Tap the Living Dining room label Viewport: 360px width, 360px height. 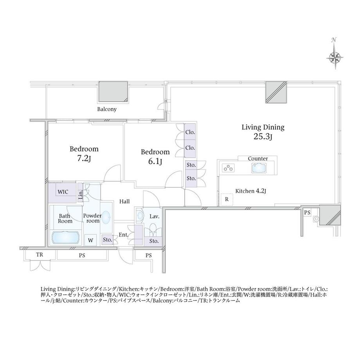[x=263, y=128]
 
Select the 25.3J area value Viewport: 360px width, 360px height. [x=263, y=137]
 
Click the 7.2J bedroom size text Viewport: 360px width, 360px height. [x=84, y=158]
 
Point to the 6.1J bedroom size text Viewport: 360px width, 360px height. [x=155, y=161]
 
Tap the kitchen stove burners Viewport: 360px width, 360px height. [x=228, y=168]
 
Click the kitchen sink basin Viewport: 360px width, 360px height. [x=259, y=168]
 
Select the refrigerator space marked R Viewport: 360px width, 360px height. [x=227, y=199]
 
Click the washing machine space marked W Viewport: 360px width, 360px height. [x=90, y=240]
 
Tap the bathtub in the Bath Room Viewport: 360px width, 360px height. [x=65, y=238]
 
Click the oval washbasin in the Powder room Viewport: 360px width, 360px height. [x=106, y=217]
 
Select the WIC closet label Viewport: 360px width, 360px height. [x=63, y=192]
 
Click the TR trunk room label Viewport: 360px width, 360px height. [x=40, y=255]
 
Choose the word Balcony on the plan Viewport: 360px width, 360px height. [x=107, y=109]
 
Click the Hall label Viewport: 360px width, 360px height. [x=124, y=202]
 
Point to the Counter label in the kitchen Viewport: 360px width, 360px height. [x=258, y=158]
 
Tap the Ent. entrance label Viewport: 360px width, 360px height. [x=123, y=235]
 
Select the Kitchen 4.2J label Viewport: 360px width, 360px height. [x=251, y=191]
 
